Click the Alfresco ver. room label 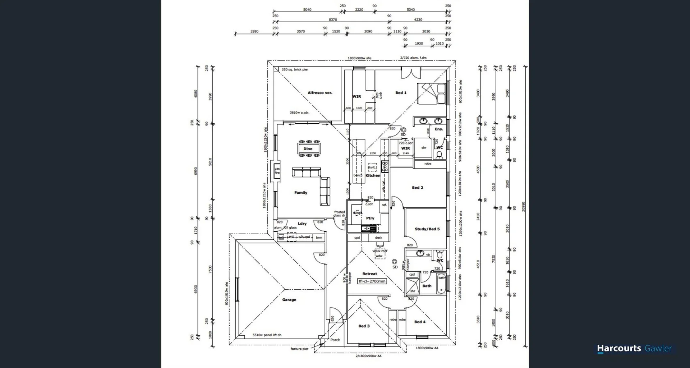320,93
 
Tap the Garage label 289,300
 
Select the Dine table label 308,149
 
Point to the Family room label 301,193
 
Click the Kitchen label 373,176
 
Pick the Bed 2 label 417,188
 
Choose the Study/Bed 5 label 427,229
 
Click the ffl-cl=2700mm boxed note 372,281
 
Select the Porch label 335,340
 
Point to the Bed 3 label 364,326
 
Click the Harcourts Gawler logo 634,348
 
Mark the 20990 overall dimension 523,207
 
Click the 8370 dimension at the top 333,20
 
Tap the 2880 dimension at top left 254,32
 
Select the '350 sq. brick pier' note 295,69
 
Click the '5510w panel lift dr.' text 267,335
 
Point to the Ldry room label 302,224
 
